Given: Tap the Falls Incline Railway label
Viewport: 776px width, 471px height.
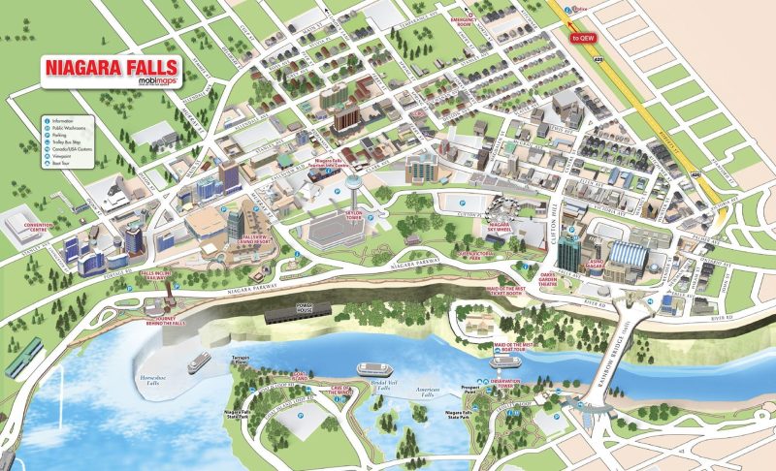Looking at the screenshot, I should pyautogui.click(x=162, y=275).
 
